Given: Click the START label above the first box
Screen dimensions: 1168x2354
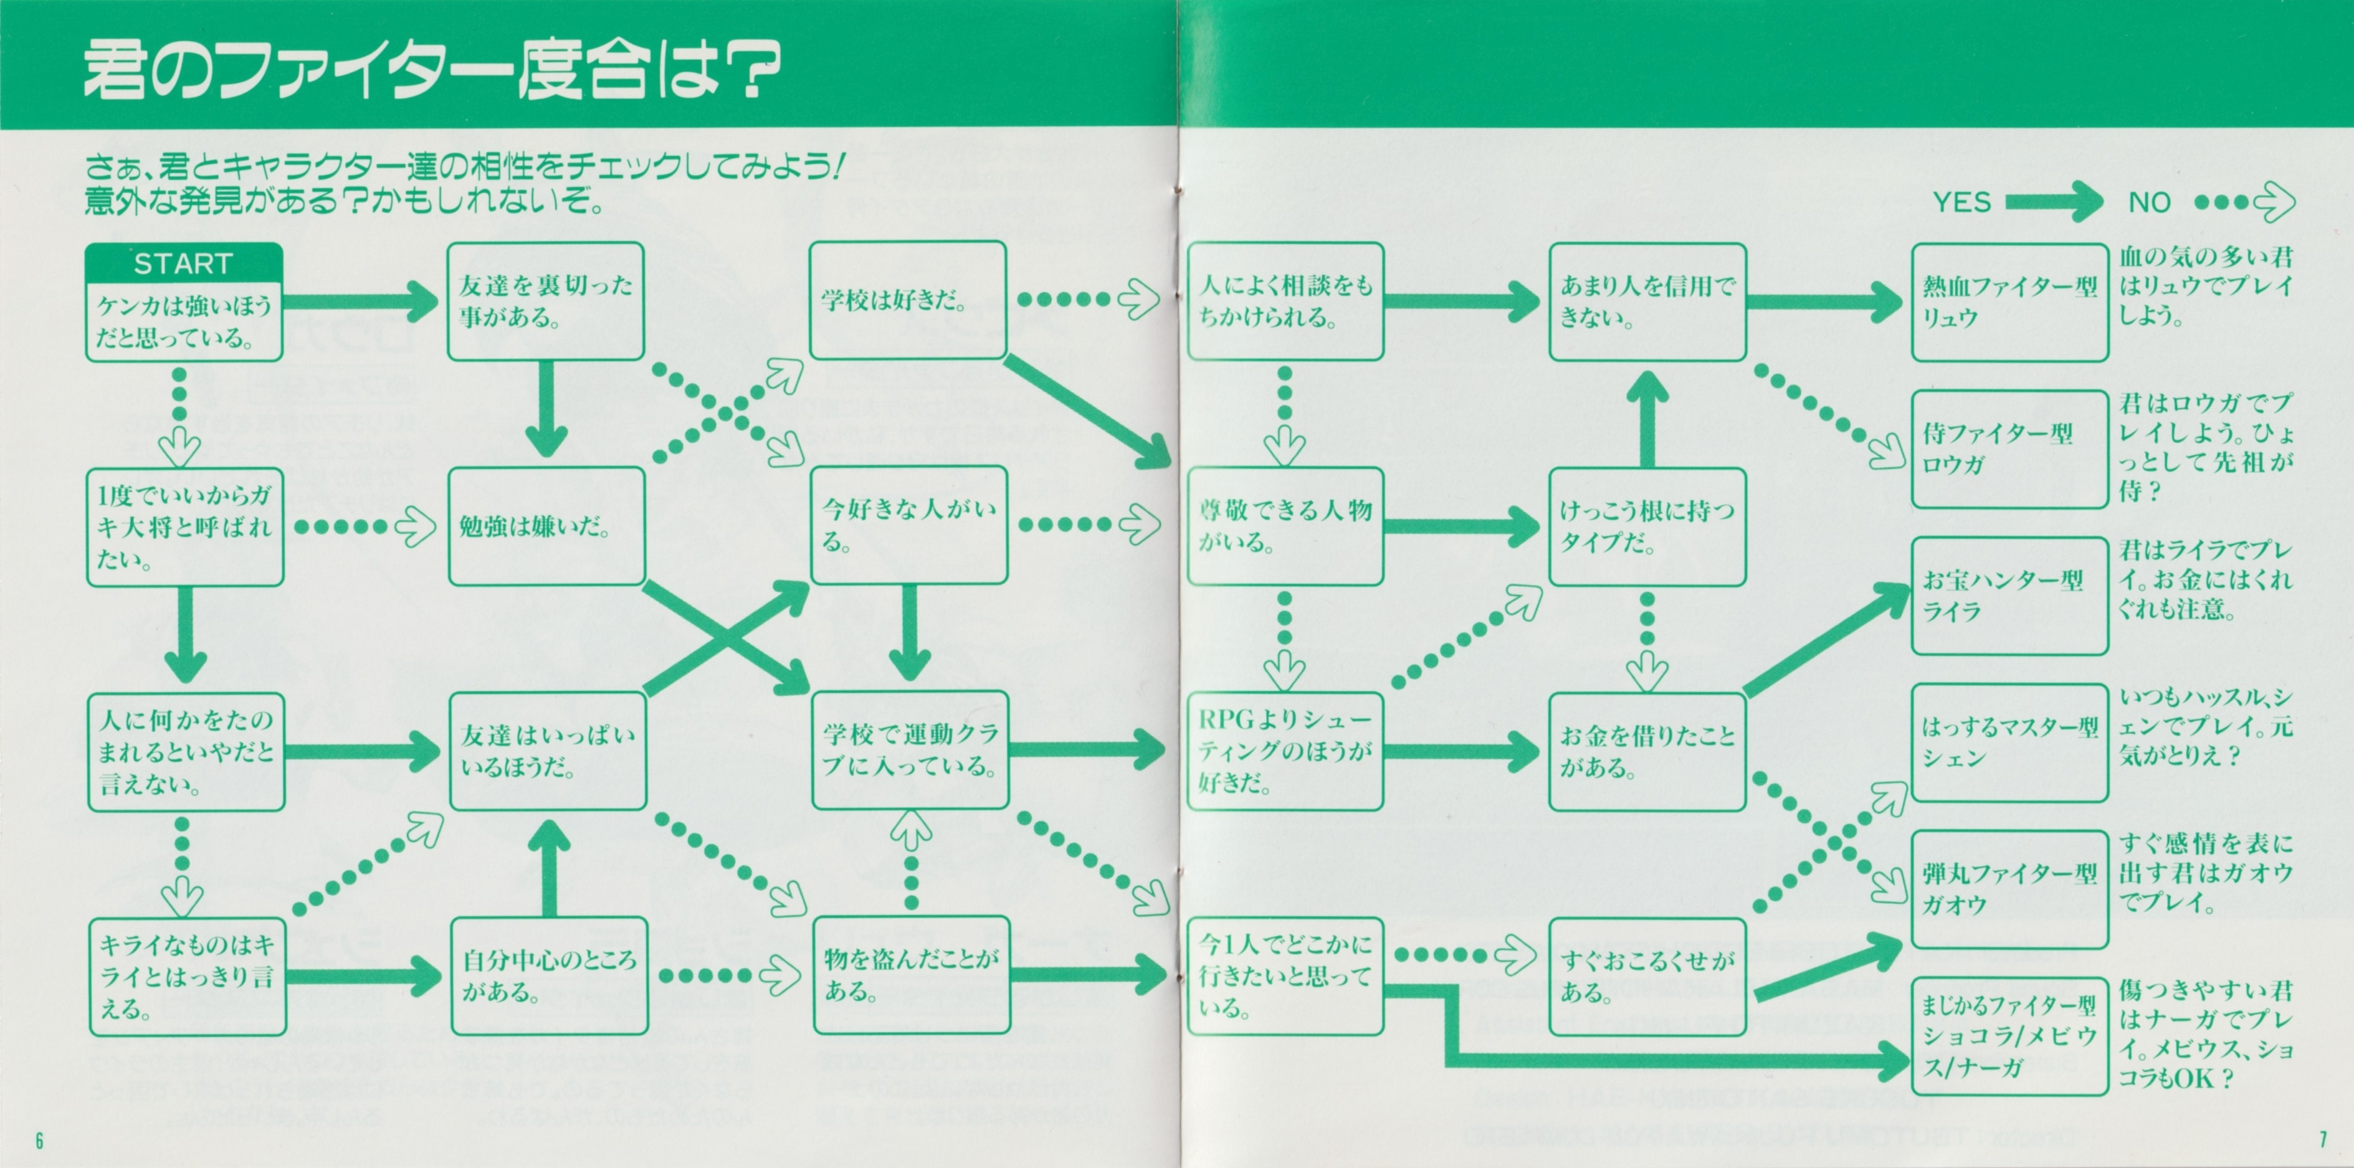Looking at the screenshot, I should pos(183,264).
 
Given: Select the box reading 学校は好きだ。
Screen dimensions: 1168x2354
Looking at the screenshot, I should pos(907,300).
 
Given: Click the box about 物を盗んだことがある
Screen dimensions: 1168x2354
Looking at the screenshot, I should pos(911,975).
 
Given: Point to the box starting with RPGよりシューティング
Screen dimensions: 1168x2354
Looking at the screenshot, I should pos(1284,751).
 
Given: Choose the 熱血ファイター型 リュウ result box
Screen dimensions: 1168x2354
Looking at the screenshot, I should pos(2009,303).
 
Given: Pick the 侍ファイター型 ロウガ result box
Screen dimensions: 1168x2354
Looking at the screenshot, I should pos(2009,449).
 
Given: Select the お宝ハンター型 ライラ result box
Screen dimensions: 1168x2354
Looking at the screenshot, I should pos(2009,595).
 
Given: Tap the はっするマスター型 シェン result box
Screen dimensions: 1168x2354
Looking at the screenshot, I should pos(2009,742).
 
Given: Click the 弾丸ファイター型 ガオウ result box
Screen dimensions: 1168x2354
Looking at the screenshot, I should pos(2009,888).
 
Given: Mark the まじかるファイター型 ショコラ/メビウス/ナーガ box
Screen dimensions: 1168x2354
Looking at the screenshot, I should pos(2009,1035).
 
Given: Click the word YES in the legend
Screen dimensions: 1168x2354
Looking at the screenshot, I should pos(1961,202).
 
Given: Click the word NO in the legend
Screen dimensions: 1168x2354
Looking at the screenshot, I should pos(2149,202).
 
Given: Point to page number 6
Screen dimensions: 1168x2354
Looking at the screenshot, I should pos(39,1140).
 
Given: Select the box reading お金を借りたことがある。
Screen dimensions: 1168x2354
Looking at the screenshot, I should pos(1647,751).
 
